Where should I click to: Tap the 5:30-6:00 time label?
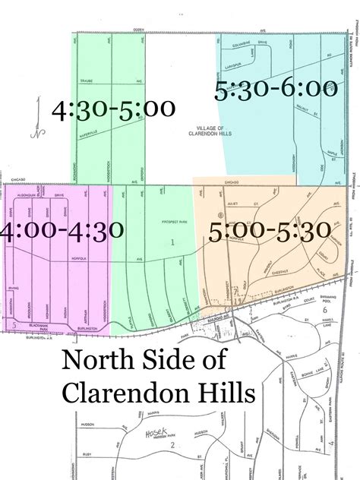tap(276, 89)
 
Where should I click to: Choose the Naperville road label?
tap(92, 132)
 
